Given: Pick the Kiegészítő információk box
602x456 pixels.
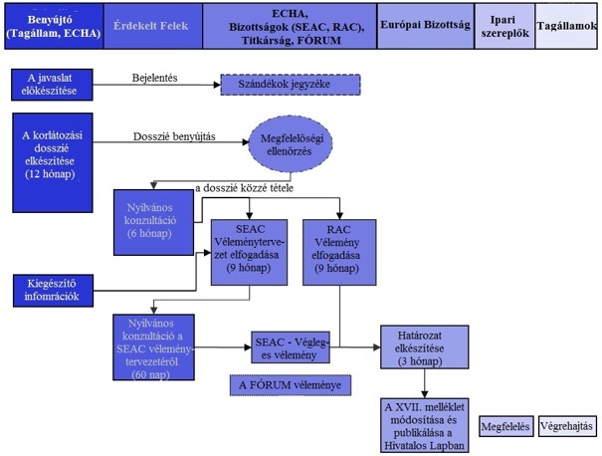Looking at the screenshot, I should [58, 288].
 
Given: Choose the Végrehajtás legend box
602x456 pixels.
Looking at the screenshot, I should [566, 429].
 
